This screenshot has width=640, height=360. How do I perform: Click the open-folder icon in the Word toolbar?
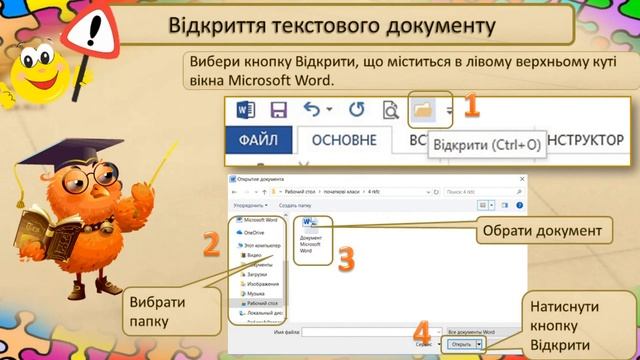(423, 110)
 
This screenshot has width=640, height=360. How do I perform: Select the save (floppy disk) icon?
(278, 110)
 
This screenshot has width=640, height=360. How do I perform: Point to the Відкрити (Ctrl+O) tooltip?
(486, 144)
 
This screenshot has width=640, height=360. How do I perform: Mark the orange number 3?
(345, 259)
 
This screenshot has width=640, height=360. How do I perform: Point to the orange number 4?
(423, 330)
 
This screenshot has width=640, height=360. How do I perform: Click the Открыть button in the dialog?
(461, 343)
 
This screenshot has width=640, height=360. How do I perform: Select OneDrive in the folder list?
(255, 231)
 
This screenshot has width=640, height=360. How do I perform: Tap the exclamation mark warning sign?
(97, 34)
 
